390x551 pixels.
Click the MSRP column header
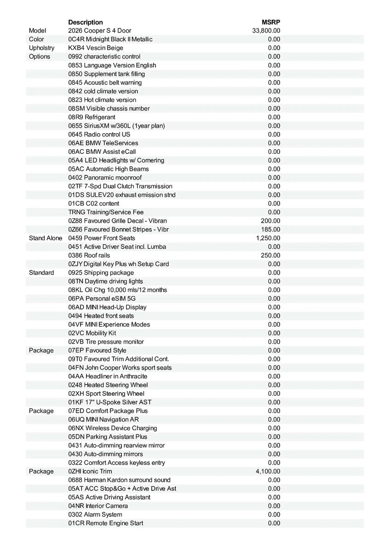click(271, 22)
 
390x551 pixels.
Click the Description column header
click(86, 22)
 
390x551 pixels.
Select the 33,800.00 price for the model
click(266, 31)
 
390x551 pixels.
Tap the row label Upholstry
click(41, 48)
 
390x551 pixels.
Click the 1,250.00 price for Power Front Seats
click(268, 238)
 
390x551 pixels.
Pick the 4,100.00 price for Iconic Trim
click(268, 471)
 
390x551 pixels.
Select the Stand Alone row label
click(46, 238)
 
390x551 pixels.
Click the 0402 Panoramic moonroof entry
click(105, 177)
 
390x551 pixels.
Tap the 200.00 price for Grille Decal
click(270, 220)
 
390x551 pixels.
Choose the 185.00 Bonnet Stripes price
click(270, 229)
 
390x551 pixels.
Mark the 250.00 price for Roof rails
click(270, 255)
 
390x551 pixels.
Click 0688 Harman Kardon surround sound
click(119, 480)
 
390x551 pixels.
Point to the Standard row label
click(41, 272)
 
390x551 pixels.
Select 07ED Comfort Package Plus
click(108, 410)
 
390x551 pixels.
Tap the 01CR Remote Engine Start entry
click(105, 523)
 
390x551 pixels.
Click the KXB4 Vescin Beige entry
click(96, 48)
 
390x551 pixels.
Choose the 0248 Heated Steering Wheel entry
click(108, 385)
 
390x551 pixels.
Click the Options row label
click(40, 56)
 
